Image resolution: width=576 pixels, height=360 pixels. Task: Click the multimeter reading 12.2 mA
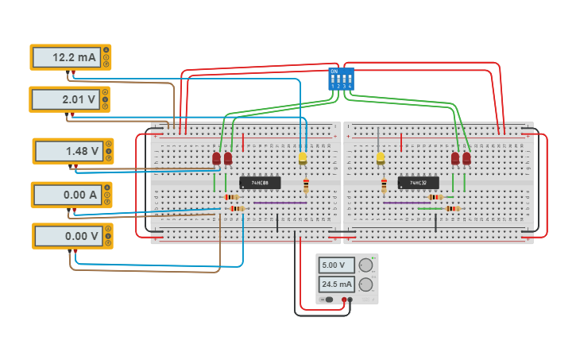click(67, 58)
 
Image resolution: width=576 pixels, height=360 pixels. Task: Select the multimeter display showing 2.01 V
click(67, 100)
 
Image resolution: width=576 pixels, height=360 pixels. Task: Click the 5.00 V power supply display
click(334, 265)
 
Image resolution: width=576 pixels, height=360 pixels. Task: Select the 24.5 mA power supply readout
click(334, 284)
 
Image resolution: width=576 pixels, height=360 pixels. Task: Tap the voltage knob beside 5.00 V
click(365, 265)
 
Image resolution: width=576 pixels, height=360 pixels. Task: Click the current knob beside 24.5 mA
click(365, 285)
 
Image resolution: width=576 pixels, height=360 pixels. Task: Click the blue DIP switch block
click(340, 78)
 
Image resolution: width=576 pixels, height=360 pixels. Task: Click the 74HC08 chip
click(259, 183)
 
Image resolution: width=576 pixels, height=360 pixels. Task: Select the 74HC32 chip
click(418, 183)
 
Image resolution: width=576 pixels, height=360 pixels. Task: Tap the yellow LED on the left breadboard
click(302, 157)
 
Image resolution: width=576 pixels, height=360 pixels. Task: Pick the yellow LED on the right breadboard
click(381, 157)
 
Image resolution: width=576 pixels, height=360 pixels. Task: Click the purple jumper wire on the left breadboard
click(280, 203)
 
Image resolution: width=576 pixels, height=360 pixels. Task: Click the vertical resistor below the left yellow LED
click(307, 186)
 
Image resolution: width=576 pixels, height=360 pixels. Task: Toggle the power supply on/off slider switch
click(327, 300)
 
